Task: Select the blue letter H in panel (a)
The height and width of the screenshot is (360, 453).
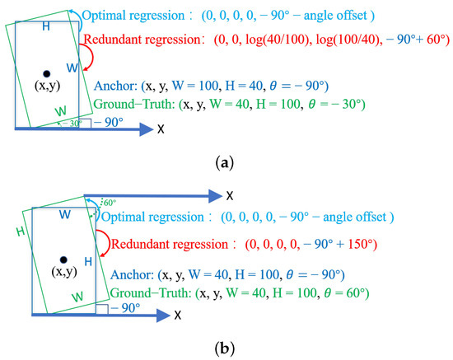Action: [x=46, y=26]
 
